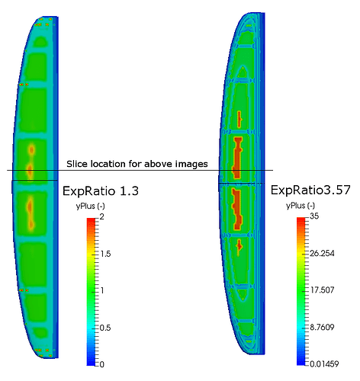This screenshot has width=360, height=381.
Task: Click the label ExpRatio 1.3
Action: pyautogui.click(x=101, y=190)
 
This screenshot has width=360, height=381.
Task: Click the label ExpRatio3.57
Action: pyautogui.click(x=310, y=190)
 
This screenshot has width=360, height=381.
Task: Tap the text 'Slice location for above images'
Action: pyautogui.click(x=137, y=164)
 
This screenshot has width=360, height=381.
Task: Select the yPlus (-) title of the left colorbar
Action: pyautogui.click(x=90, y=206)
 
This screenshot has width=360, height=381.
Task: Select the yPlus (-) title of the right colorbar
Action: pyautogui.click(x=301, y=206)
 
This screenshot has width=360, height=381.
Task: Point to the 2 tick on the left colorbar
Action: pyautogui.click(x=101, y=217)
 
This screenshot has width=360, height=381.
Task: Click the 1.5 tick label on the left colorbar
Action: pyautogui.click(x=105, y=254)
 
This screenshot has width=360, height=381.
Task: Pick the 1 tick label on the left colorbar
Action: pyautogui.click(x=102, y=290)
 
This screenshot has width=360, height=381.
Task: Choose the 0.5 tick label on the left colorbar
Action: pyautogui.click(x=105, y=328)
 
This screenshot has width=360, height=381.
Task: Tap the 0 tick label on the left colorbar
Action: pyautogui.click(x=101, y=364)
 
